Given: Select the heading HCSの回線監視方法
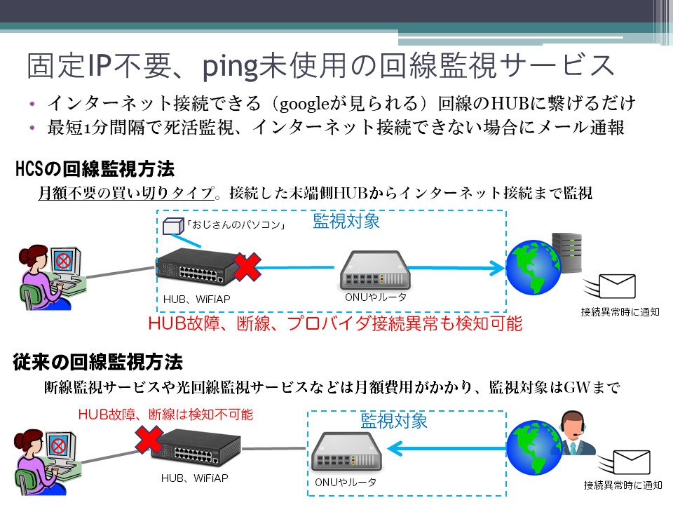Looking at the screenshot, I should (x=95, y=169).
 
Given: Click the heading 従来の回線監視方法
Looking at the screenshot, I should (x=98, y=362).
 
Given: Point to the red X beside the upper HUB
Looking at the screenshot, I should (x=246, y=267).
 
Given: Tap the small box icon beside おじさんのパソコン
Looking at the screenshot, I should (x=172, y=227).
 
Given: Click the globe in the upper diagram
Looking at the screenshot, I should (x=535, y=269).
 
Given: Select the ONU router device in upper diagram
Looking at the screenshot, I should (x=374, y=271).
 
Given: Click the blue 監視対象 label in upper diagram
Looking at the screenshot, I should (x=346, y=222).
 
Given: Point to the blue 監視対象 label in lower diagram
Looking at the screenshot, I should (x=394, y=421).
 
